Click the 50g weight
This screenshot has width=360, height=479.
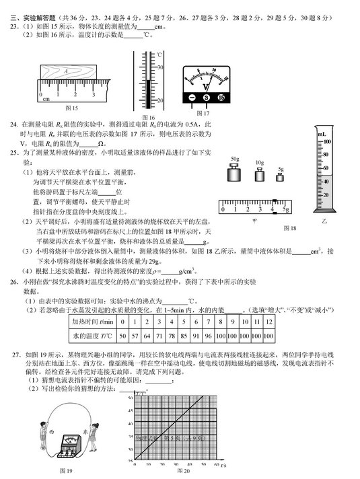pyautogui.click(x=235, y=174)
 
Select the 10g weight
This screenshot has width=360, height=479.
pyautogui.click(x=259, y=176)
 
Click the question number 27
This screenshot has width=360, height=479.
pyautogui.click(x=15, y=354)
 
